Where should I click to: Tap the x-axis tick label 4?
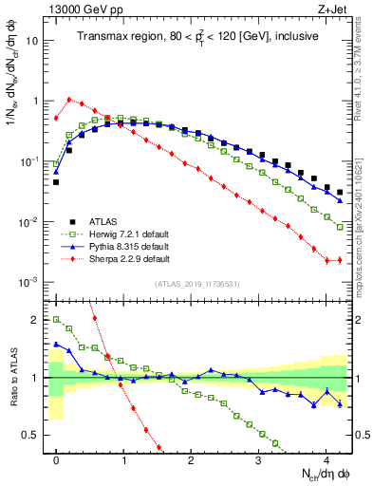click(326, 458)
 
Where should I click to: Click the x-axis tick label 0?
click(56, 458)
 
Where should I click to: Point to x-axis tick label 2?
click(192, 458)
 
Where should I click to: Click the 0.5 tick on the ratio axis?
click(35, 436)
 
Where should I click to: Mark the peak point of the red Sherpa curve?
click(69, 99)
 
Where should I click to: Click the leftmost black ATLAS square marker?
click(56, 181)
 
